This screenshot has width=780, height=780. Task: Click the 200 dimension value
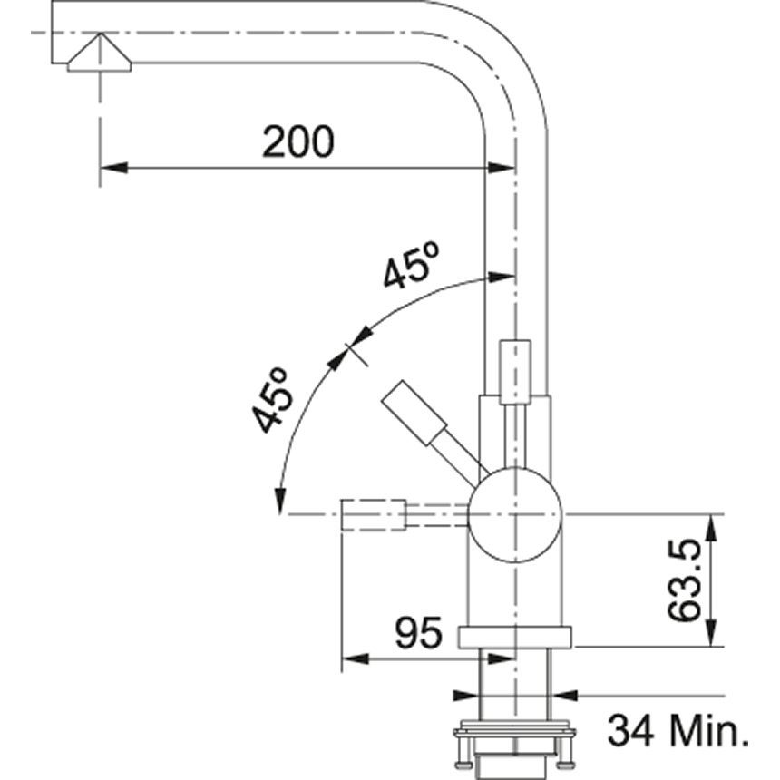click(298, 142)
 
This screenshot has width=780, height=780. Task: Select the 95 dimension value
click(418, 632)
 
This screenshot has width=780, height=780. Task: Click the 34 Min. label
click(678, 730)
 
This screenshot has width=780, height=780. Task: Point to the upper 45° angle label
click(411, 265)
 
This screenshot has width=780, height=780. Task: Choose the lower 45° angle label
click(270, 401)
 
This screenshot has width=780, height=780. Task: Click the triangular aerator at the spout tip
click(100, 54)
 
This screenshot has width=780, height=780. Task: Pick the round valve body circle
click(515, 515)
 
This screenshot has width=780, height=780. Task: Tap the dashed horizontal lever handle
click(373, 515)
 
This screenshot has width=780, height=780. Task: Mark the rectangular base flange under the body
click(515, 638)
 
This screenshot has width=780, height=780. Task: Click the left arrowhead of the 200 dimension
click(113, 168)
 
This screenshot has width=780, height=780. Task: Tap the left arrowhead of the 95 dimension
click(356, 659)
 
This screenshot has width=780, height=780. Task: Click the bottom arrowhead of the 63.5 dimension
click(712, 633)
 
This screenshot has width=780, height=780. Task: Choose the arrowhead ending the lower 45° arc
click(280, 501)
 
